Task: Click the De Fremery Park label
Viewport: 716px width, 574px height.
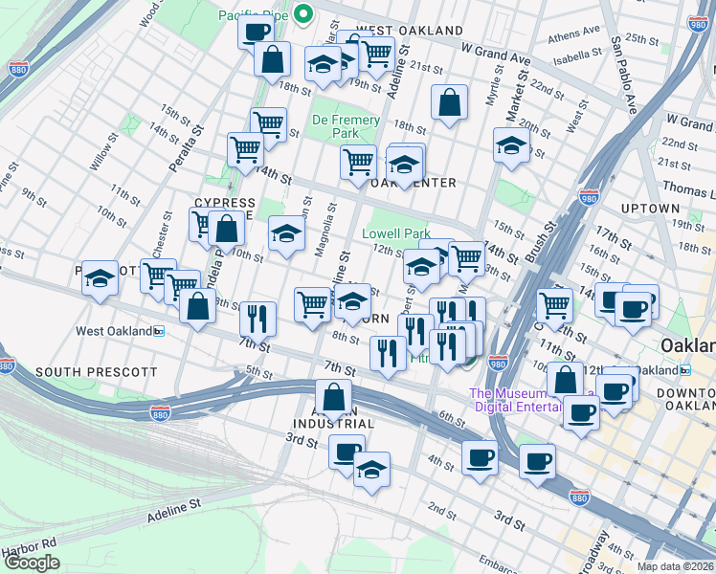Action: [x=346, y=126]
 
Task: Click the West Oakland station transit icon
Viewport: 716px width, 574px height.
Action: [x=159, y=331]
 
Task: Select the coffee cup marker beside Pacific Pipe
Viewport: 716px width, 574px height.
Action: [x=256, y=33]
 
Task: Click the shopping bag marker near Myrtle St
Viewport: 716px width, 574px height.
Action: [x=449, y=102]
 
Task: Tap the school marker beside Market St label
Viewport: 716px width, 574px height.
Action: [x=512, y=145]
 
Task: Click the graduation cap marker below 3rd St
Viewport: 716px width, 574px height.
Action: [x=371, y=469]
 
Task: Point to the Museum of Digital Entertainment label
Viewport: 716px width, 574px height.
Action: [x=517, y=400]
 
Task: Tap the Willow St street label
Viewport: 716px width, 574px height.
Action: [x=102, y=152]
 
